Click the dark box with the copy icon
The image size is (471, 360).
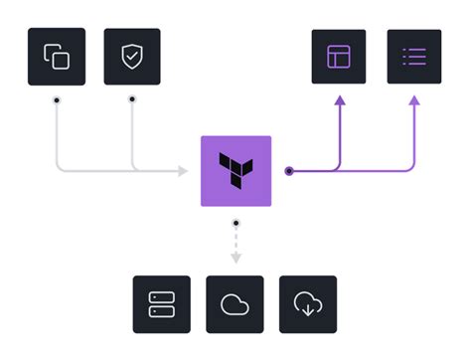pyautogui.click(x=57, y=57)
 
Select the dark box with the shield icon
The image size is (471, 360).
pyautogui.click(x=131, y=57)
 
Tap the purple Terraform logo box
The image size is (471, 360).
pyautogui.click(x=235, y=170)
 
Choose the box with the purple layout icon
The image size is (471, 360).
pyautogui.click(x=339, y=57)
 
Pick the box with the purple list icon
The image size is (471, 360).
pyautogui.click(x=413, y=57)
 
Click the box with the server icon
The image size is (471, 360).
pyautogui.click(x=161, y=303)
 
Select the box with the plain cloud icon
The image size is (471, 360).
pyautogui.click(x=235, y=303)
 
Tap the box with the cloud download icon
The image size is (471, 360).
pyautogui.click(x=308, y=303)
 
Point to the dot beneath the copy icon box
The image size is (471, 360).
pyautogui.click(x=57, y=100)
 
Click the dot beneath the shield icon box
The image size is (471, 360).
pyautogui.click(x=131, y=100)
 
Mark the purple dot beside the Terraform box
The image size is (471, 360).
pyautogui.click(x=288, y=171)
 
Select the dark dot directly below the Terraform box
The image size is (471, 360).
pyautogui.click(x=235, y=224)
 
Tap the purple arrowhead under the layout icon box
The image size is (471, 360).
pyautogui.click(x=339, y=99)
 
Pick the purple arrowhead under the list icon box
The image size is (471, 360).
pyautogui.click(x=413, y=99)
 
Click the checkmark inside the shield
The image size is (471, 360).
pyautogui.click(x=131, y=57)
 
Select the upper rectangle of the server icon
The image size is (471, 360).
pyautogui.click(x=161, y=296)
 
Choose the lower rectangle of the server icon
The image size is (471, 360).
pyautogui.click(x=161, y=311)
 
